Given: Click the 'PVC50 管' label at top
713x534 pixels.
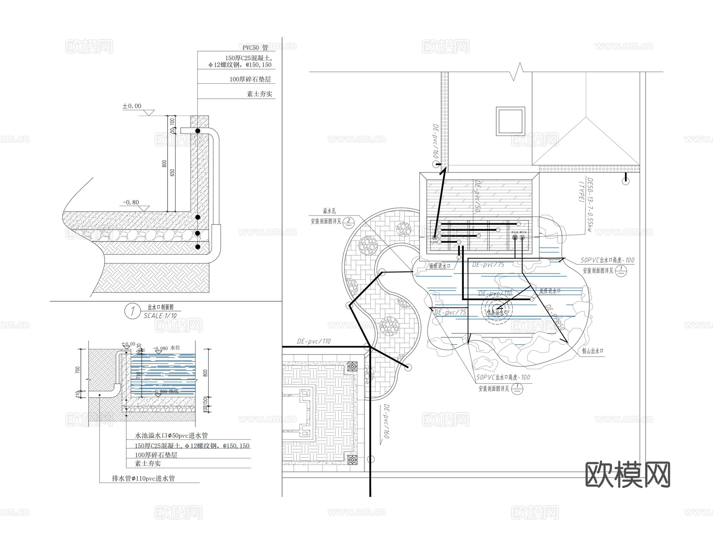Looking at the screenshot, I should point(255,48).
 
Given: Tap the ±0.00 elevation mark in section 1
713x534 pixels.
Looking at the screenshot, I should point(132,106).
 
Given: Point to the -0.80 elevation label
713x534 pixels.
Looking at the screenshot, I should point(131,202).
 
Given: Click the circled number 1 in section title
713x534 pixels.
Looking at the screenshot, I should point(132,311).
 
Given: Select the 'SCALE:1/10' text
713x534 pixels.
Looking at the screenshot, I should point(160,316).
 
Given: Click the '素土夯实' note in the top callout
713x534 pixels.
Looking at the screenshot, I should point(259,94).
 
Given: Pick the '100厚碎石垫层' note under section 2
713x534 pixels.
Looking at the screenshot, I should point(156,455).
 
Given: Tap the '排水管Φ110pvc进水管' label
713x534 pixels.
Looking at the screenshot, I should point(143,478).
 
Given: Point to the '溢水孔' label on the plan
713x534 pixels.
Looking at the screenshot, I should point(329,211).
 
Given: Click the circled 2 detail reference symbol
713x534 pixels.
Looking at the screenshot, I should point(349,222).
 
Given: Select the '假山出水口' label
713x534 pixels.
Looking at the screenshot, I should point(592,351).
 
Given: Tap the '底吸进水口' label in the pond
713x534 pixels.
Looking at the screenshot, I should point(550,291).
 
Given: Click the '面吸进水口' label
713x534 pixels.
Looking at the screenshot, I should point(440,266).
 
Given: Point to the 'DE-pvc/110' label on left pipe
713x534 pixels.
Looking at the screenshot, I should point(314,341).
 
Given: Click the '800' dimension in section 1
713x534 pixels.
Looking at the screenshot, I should point(164,164).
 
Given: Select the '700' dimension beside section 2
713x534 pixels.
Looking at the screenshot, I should point(78,369).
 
